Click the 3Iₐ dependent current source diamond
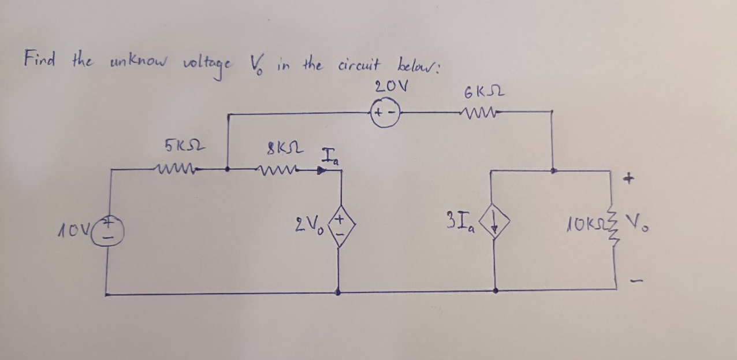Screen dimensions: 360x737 (496, 223)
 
